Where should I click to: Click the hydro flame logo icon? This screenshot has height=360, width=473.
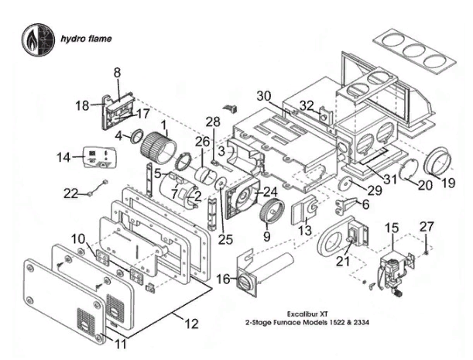click(x=36, y=38)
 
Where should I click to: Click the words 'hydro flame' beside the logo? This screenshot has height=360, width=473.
click(x=87, y=38)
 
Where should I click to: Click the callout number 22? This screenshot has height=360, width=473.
click(x=71, y=194)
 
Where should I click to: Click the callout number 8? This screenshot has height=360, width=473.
click(x=118, y=72)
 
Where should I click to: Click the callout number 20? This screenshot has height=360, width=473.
click(x=424, y=185)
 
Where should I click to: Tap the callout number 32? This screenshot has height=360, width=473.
click(x=307, y=105)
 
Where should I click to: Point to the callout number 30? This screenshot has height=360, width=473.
click(x=264, y=96)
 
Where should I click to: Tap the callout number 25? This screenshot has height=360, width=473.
click(x=225, y=239)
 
